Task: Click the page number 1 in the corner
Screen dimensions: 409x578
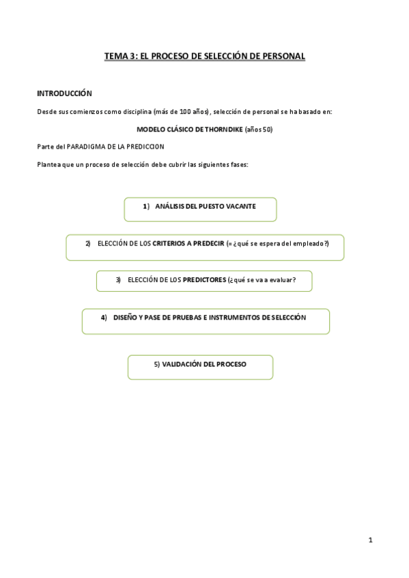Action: click(370, 541)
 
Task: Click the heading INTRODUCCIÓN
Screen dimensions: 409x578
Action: click(64, 93)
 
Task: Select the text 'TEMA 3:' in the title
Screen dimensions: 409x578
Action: click(120, 57)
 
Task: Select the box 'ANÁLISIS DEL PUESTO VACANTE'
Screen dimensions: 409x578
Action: click(200, 209)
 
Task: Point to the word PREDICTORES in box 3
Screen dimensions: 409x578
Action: click(205, 279)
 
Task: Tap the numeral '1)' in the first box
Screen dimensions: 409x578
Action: click(145, 206)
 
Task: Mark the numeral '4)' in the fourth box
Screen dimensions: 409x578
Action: click(104, 318)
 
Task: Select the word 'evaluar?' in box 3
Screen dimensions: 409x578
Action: click(283, 279)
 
